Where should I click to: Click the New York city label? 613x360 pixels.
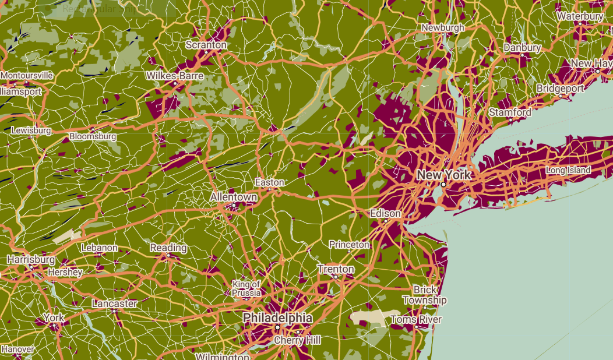pyautogui.click(x=443, y=175)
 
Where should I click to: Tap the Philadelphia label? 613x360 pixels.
pyautogui.click(x=277, y=318)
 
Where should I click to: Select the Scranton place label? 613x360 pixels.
pyautogui.click(x=206, y=44)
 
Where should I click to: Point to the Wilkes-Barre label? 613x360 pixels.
pyautogui.click(x=175, y=76)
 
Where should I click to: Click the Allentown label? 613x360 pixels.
pyautogui.click(x=234, y=197)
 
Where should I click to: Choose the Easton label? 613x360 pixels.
pyautogui.click(x=269, y=182)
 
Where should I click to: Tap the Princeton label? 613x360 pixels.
pyautogui.click(x=349, y=245)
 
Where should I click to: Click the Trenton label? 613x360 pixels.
pyautogui.click(x=336, y=269)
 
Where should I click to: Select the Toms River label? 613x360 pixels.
pyautogui.click(x=416, y=319)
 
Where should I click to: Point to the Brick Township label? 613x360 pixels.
pyautogui.click(x=425, y=295)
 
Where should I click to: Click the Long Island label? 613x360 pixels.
pyautogui.click(x=568, y=170)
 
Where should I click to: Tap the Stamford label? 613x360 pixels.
pyautogui.click(x=510, y=112)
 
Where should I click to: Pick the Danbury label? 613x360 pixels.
pyautogui.click(x=523, y=47)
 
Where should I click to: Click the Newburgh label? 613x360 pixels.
pyautogui.click(x=443, y=27)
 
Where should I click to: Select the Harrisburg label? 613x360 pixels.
pyautogui.click(x=31, y=259)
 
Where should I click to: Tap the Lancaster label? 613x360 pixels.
pyautogui.click(x=115, y=303)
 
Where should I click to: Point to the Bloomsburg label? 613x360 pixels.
pyautogui.click(x=93, y=136)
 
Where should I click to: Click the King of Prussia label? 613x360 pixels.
pyautogui.click(x=246, y=288)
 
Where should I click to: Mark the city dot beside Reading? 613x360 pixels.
pyautogui.click(x=168, y=255)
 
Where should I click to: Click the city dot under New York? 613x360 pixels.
pyautogui.click(x=443, y=184)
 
